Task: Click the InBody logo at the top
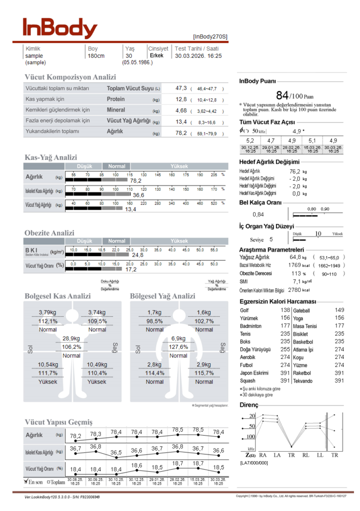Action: [x=59, y=29]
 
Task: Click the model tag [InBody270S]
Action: [x=210, y=36]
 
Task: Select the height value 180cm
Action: [x=96, y=56]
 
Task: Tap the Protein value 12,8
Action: [x=181, y=99]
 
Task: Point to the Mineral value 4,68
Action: [x=181, y=110]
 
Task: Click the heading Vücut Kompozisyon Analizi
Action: [x=70, y=77]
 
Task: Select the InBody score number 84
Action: [x=282, y=95]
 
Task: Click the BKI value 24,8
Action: [x=137, y=255]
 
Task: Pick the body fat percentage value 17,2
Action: [x=131, y=269]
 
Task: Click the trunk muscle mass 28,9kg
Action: [x=71, y=338]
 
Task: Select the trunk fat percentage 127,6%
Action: [x=178, y=347]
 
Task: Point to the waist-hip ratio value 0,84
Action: [x=258, y=215]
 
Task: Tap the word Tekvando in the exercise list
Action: [x=304, y=381]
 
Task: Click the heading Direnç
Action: [x=249, y=405]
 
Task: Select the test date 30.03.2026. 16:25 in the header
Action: [x=198, y=56]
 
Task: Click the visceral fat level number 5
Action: [x=271, y=240]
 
